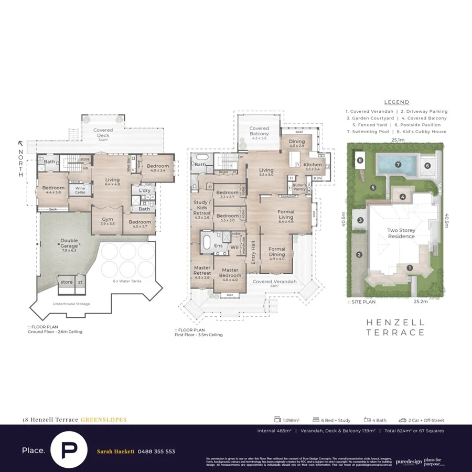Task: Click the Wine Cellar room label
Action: point(80,190)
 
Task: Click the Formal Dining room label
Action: point(276,253)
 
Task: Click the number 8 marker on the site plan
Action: point(360,160)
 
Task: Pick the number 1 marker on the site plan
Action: point(410,267)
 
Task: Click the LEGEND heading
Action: point(396,102)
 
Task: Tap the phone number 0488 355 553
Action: point(156,452)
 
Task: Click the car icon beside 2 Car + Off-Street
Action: point(402,420)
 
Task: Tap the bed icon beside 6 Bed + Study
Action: point(316,420)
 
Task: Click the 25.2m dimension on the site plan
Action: point(421,302)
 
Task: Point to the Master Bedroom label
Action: point(231,273)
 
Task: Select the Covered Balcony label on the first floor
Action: point(259,131)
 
